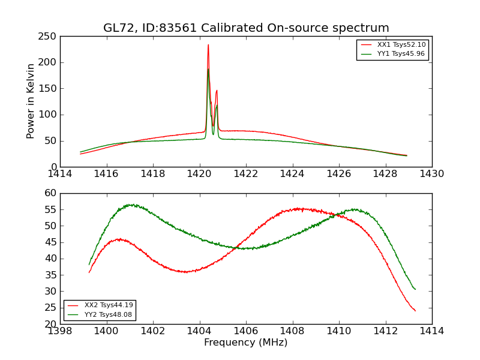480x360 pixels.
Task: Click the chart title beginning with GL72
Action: pyautogui.click(x=246, y=28)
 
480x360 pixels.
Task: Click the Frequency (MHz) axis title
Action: pyautogui.click(x=246, y=343)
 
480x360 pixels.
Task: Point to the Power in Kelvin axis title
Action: pyautogui.click(x=31, y=101)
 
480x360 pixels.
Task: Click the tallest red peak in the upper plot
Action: pyautogui.click(x=208, y=45)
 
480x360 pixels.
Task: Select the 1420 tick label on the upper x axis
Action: pyautogui.click(x=199, y=174)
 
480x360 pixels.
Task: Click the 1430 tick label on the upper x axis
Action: pyautogui.click(x=432, y=174)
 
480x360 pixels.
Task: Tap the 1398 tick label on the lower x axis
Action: pyautogui.click(x=60, y=331)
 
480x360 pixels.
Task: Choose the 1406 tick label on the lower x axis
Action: pyautogui.click(x=246, y=331)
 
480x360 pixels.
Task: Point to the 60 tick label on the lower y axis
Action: pyautogui.click(x=50, y=193)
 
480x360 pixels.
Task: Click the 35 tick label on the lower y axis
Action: pyautogui.click(x=50, y=275)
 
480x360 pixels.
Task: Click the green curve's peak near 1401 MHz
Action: pyautogui.click(x=131, y=205)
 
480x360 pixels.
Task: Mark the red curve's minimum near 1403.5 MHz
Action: pyautogui.click(x=187, y=272)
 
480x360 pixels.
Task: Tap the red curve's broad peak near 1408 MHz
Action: pyautogui.click(x=298, y=209)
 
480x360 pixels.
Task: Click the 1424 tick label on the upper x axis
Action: pyautogui.click(x=292, y=174)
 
